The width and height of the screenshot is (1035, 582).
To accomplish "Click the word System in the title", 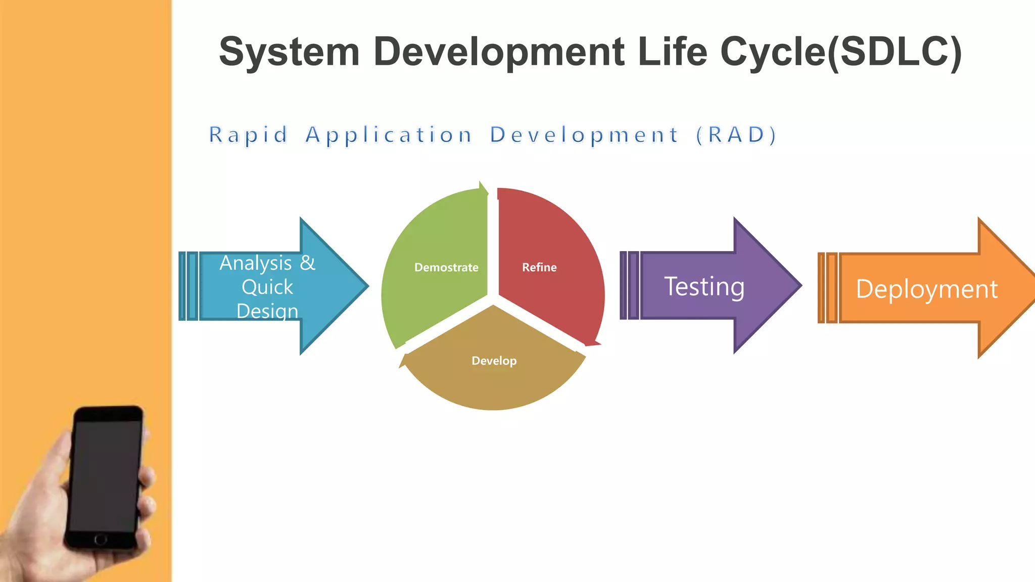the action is (289, 52).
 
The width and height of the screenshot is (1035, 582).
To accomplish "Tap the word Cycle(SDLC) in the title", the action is (840, 53).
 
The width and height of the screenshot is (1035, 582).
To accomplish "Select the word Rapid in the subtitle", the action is (248, 135).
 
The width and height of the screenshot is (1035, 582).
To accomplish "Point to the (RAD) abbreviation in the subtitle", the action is (736, 135).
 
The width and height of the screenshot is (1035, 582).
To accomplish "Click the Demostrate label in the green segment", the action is (446, 267).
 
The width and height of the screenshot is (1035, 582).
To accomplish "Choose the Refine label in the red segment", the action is (539, 267).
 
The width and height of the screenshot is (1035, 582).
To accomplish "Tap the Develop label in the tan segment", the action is (494, 361).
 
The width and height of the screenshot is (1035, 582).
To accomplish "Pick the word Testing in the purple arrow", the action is (704, 287).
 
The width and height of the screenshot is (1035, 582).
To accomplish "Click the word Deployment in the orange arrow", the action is (926, 289).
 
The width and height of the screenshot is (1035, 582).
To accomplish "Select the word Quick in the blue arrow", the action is (267, 287).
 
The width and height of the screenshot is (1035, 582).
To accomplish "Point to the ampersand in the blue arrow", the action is (307, 263).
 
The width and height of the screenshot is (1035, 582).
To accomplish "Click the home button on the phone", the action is (101, 539).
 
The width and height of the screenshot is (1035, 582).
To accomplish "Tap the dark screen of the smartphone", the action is (106, 475).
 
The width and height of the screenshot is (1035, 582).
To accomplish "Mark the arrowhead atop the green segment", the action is (483, 188).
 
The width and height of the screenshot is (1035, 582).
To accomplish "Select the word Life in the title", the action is (672, 52).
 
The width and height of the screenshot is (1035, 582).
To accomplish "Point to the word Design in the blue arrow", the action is (267, 311).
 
